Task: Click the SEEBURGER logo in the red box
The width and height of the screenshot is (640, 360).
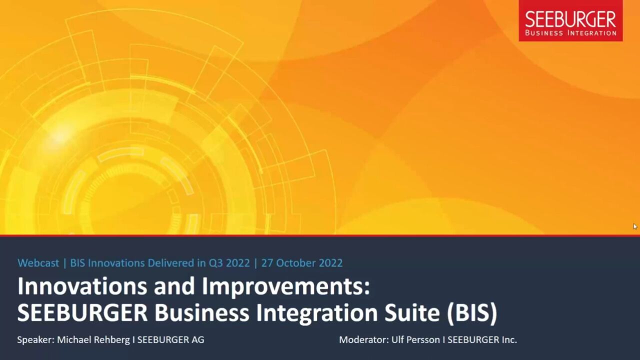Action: coord(570,20)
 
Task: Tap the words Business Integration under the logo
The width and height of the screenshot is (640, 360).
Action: coord(570,33)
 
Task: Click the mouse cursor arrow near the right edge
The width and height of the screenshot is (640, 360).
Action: coord(635,226)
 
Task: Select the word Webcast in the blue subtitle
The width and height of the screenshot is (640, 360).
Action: coord(38,263)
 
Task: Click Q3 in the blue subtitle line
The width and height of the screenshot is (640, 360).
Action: coord(215,263)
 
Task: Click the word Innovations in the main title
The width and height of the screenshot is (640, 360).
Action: coord(82,286)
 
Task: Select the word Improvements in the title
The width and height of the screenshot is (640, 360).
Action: coord(286,286)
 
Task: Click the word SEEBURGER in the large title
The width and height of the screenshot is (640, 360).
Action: coord(82,313)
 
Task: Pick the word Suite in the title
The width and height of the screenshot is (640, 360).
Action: coord(412,313)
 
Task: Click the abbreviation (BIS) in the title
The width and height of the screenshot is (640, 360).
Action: coord(472,313)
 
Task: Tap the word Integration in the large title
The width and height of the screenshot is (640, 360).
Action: coord(317,313)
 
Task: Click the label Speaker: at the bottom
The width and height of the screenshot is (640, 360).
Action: coord(35,339)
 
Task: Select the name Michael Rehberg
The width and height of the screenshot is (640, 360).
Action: coord(93,339)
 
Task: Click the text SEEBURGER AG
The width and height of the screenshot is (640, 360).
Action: coord(171,339)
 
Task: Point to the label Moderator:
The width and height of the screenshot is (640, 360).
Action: coord(364,339)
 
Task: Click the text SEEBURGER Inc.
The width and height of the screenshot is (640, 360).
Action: coord(482,339)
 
